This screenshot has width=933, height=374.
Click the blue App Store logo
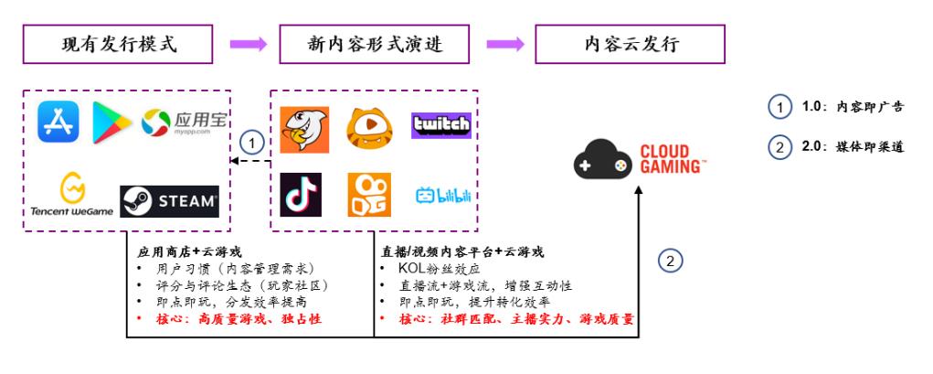pos(58,123)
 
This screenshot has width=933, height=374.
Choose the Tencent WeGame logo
pos(68,197)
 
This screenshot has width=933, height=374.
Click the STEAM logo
pos(170,200)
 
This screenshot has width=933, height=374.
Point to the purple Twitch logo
pos(441,125)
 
